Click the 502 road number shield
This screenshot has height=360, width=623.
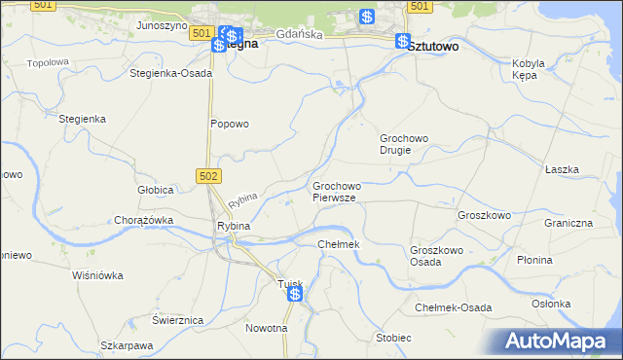tap(208, 175)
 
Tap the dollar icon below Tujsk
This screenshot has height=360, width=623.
tap(294, 293)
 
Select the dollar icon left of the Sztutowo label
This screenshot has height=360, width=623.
tap(403, 41)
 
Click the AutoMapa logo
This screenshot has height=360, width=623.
tap(562, 342)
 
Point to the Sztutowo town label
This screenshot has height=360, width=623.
tap(435, 46)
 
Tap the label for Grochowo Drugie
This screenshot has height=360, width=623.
tap(404, 144)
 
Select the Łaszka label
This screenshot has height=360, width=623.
tap(562, 169)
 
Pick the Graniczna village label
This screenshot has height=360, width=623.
tap(568, 223)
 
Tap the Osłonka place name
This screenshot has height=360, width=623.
tap(551, 303)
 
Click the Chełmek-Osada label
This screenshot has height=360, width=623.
tap(453, 307)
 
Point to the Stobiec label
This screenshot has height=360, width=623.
tap(393, 338)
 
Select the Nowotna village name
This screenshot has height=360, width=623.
tap(266, 328)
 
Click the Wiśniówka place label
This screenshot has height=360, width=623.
tap(97, 275)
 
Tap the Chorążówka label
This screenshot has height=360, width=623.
tap(143, 220)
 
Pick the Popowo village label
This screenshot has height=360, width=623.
tap(231, 124)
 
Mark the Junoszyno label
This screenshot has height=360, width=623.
tap(162, 25)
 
